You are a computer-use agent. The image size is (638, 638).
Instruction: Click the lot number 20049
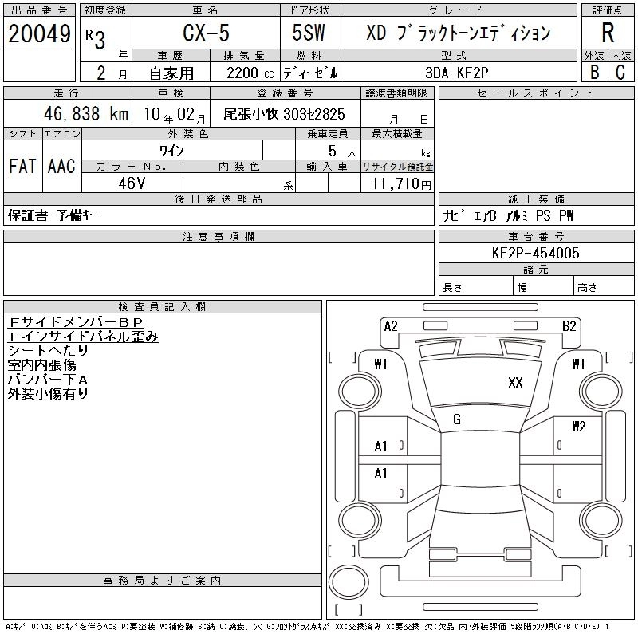click(39, 33)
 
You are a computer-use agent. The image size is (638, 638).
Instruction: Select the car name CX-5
click(206, 33)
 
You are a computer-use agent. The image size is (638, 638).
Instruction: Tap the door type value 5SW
click(309, 33)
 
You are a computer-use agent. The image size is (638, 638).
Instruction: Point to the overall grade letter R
click(608, 33)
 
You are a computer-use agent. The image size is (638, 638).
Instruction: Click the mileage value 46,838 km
click(86, 114)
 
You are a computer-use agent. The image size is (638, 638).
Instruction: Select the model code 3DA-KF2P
click(456, 73)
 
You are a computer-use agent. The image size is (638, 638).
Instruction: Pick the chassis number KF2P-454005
click(535, 253)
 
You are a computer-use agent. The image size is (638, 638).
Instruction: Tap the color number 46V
click(132, 183)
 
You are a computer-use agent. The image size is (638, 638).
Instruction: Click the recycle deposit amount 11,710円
click(402, 184)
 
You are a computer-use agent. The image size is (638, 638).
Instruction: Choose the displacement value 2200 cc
click(250, 73)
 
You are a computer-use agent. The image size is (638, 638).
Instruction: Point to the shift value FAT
click(22, 166)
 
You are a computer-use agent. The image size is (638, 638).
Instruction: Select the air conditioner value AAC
click(61, 166)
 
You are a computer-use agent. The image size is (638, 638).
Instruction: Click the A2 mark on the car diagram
click(391, 326)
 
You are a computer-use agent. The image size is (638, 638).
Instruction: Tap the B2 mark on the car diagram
click(569, 326)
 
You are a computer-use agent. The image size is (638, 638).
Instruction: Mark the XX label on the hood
click(515, 383)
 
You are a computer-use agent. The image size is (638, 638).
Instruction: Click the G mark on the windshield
click(457, 419)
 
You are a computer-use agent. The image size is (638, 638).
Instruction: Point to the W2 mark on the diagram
click(579, 427)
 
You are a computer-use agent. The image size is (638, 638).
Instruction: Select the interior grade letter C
click(620, 73)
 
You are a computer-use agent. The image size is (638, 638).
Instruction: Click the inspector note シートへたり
click(48, 350)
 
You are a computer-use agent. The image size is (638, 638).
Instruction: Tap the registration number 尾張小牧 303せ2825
click(284, 114)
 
